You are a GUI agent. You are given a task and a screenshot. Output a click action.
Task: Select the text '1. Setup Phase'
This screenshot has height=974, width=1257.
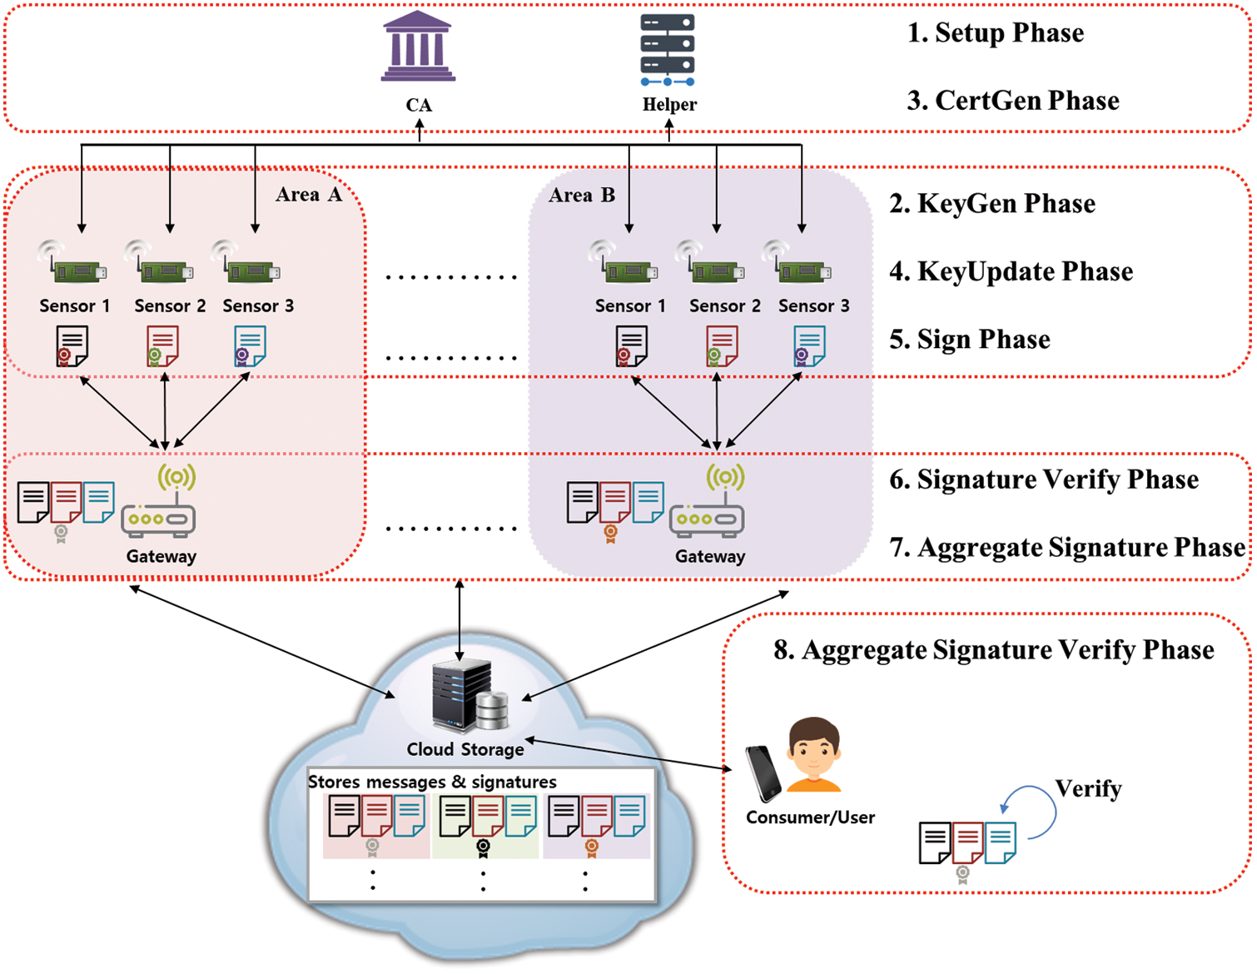pos(996,33)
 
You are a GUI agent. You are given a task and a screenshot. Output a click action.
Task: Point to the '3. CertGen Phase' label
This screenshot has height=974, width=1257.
pos(1012,101)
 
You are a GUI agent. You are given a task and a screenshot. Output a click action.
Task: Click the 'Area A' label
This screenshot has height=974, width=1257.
pos(309,195)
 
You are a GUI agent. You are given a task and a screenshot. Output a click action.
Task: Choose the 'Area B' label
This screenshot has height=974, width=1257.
pos(582,196)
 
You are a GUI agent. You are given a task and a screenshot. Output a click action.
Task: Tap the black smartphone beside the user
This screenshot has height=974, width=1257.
pos(763,773)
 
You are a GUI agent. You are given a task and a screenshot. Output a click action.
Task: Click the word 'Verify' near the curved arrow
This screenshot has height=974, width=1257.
pos(1088,788)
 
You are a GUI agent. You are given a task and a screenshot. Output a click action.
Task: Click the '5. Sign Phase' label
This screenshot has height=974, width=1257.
pos(970,340)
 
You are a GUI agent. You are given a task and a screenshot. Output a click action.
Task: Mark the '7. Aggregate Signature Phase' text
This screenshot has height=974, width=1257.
pos(1068,548)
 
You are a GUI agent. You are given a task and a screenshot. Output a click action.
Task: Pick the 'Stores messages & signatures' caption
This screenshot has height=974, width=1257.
pos(432,782)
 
